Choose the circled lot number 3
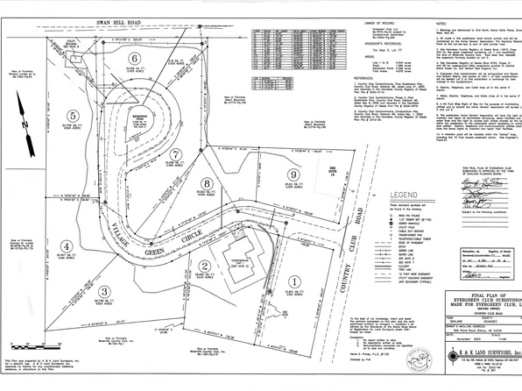point(104,292)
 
